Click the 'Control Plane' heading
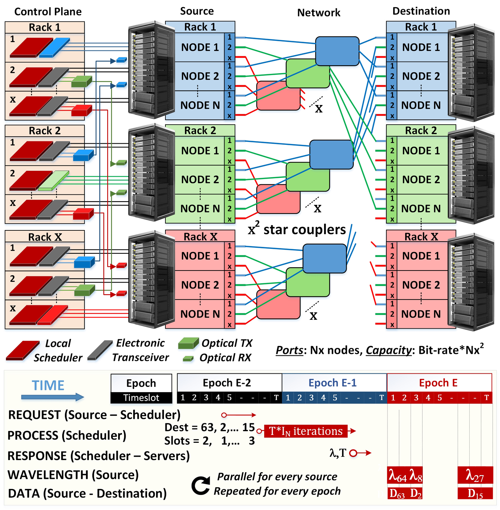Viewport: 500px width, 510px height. click(48, 12)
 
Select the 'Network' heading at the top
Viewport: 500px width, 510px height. click(318, 13)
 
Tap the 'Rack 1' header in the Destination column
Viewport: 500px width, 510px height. click(420, 27)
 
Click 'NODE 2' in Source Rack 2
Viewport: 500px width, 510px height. click(200, 180)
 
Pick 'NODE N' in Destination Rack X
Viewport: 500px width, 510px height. click(420, 314)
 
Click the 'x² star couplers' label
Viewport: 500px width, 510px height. click(297, 229)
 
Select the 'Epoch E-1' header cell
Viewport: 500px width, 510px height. click(333, 383)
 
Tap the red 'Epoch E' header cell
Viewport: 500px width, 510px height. click(438, 383)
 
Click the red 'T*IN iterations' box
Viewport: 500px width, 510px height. click(305, 431)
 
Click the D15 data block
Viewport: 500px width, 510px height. click(475, 493)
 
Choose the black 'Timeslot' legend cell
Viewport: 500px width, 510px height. click(141, 398)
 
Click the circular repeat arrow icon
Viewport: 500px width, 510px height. click(201, 485)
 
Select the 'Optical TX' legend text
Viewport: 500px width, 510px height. click(227, 343)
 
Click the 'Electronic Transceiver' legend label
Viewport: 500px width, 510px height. click(140, 350)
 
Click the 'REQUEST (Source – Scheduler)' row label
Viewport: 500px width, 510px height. click(94, 415)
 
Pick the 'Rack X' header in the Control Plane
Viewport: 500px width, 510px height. click(45, 237)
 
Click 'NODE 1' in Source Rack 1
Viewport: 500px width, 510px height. click(200, 47)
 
